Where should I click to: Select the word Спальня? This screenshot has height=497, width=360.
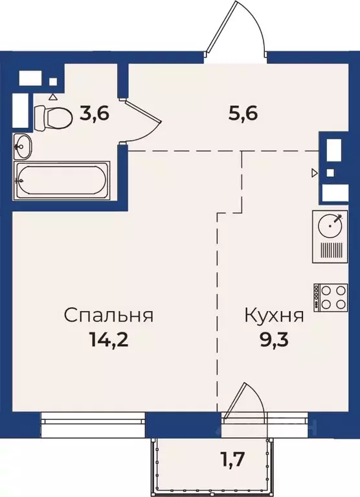pyautogui.click(x=109, y=316)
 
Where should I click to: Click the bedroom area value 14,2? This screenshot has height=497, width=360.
pyautogui.click(x=109, y=341)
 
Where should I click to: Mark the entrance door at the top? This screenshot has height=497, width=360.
pyautogui.click(x=234, y=32)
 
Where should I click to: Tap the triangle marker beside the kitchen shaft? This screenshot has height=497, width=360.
pyautogui.click(x=315, y=172)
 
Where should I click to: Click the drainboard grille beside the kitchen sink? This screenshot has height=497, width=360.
pyautogui.click(x=333, y=250)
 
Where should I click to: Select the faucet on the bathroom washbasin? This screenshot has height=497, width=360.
pyautogui.click(x=17, y=147)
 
